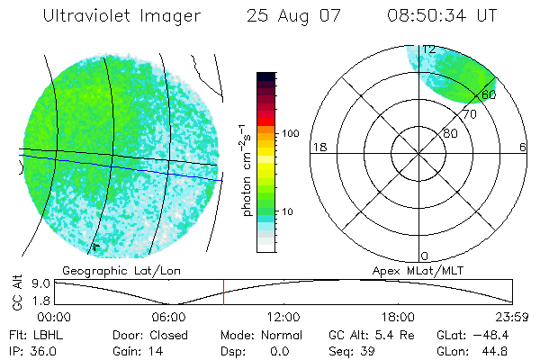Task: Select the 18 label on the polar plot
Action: [x=318, y=148]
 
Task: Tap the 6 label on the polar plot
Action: [x=523, y=148]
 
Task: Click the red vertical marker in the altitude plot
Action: [x=223, y=292]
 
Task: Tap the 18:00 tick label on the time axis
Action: [x=398, y=317]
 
